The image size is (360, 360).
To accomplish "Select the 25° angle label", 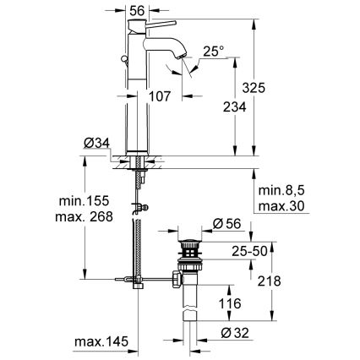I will coord(213,52).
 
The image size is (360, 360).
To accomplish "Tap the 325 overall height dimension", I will coord(269,88).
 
